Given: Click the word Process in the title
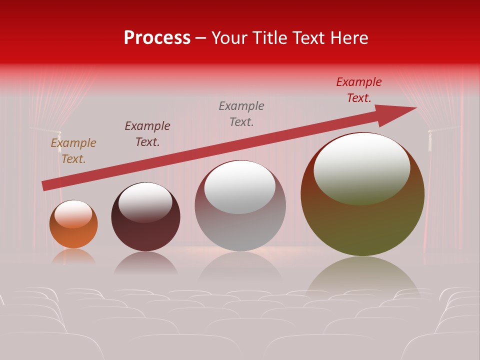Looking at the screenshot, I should point(157,38).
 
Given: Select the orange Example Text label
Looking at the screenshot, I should point(73,150).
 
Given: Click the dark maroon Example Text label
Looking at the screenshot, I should point(147,133).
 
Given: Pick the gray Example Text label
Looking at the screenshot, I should point(241,113).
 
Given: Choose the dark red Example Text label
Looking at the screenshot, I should point(359,90).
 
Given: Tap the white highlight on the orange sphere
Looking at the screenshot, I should point(73,213).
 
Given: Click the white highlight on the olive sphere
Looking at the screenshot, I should point(362,167).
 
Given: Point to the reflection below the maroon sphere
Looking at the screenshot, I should point(145,263).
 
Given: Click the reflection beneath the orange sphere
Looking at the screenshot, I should point(73,256).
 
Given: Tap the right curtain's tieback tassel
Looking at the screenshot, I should point(429,140).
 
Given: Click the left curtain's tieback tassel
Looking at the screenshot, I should point(59,141).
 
